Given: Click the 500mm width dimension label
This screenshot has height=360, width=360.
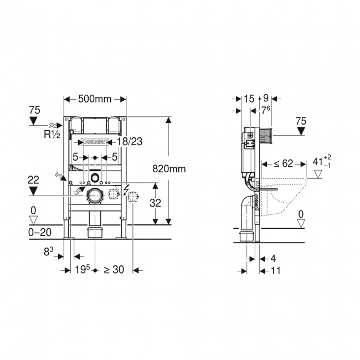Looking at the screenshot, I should (95, 99).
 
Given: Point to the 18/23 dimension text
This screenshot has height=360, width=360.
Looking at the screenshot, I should (130, 142).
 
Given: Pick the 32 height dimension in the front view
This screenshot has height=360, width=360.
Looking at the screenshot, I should (156, 203).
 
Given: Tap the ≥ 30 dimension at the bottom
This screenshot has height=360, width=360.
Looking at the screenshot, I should (115, 270).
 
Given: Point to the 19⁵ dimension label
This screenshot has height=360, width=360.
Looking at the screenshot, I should (83, 270).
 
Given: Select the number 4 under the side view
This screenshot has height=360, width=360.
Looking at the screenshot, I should (273, 258).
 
